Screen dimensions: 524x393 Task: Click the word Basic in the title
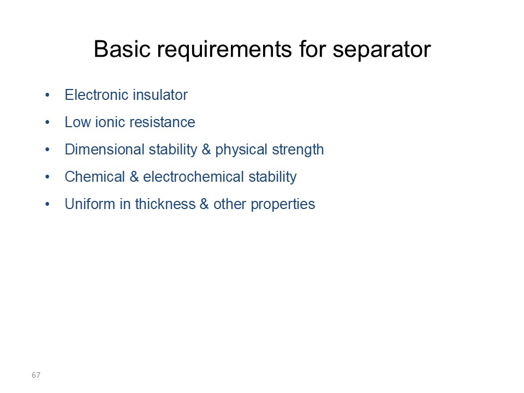122,49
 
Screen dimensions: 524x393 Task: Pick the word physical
241,150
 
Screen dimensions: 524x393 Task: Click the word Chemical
94,177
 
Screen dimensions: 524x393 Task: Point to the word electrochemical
193,177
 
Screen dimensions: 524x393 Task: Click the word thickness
165,204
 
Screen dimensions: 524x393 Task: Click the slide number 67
36,375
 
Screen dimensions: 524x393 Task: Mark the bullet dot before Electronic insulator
47,95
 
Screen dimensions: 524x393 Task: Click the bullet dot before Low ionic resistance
47,123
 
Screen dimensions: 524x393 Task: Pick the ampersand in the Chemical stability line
134,177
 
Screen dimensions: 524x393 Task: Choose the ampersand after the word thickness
205,204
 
